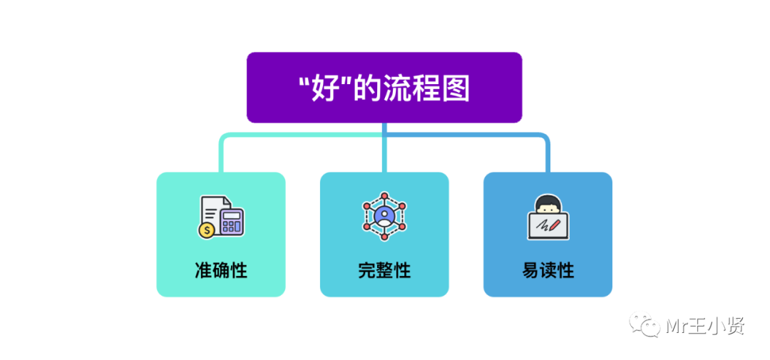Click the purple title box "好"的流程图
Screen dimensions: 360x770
[x=384, y=87]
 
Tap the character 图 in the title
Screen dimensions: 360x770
[x=456, y=90]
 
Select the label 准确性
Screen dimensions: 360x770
[x=221, y=271]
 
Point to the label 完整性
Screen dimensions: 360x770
[x=384, y=271]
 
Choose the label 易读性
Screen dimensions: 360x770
[x=548, y=271]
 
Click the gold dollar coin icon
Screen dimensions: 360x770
[x=207, y=230]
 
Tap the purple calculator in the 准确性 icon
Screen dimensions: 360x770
[x=231, y=221]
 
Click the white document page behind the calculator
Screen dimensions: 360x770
[x=211, y=208]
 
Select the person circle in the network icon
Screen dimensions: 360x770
[x=384, y=213]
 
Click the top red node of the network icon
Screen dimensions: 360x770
[x=384, y=195]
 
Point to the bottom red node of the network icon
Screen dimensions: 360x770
[x=384, y=234]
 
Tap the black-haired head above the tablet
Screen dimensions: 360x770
[x=548, y=205]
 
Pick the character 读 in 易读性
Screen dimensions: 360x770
[x=548, y=271]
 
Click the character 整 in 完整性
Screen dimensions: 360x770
[x=384, y=271]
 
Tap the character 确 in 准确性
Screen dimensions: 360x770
[x=221, y=271]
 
